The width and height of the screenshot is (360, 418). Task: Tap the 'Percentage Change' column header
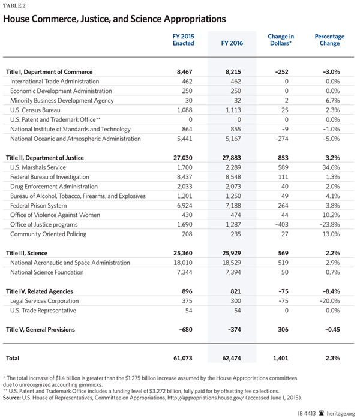(329, 41)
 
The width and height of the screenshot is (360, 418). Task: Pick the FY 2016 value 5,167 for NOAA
(229, 139)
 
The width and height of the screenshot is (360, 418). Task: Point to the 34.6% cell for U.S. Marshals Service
(332, 167)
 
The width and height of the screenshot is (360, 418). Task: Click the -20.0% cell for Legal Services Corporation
(330, 300)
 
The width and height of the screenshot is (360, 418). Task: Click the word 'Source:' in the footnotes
(14, 397)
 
